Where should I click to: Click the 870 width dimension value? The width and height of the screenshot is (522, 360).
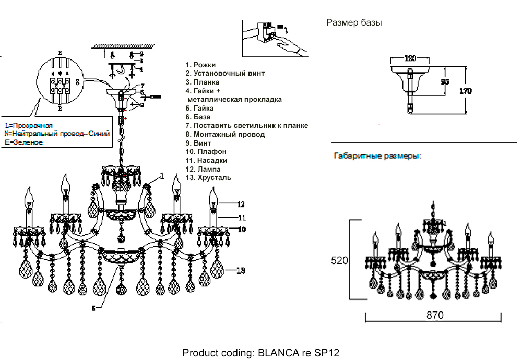pos(434,315)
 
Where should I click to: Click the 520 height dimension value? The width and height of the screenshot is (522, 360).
pos(339,261)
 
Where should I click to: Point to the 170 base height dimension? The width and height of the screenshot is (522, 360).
pos(465,91)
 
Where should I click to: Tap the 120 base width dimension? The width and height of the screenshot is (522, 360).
pos(411,58)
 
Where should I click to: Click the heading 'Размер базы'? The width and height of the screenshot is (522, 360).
pos(354,23)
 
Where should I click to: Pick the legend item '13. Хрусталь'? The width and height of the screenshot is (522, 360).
pos(208,178)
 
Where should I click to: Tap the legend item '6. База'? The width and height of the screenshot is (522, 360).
pos(199,117)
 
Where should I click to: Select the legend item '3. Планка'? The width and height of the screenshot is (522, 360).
pos(203,82)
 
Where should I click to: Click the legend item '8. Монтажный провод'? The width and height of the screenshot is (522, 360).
pos(225,134)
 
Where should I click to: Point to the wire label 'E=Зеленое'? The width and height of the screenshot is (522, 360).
pos(23,143)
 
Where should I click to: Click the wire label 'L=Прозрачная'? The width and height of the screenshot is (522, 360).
pos(29,126)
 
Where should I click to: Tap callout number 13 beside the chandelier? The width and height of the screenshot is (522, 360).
pos(240,270)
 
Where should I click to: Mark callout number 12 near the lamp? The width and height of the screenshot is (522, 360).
pos(240,204)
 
